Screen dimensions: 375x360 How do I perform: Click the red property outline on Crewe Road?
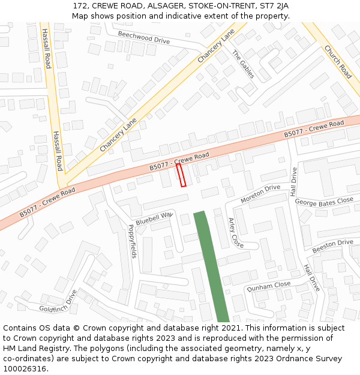click(x=181, y=175)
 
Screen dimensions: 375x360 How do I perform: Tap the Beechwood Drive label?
click(x=144, y=37)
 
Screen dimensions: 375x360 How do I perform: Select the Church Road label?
click(x=338, y=62)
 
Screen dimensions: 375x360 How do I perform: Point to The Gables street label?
click(x=243, y=64)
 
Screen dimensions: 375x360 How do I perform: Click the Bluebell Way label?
click(x=154, y=218)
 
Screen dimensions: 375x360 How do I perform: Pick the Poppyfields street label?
click(x=132, y=241)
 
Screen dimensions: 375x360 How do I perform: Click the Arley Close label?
click(x=236, y=233)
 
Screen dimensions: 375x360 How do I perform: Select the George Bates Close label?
click(x=324, y=201)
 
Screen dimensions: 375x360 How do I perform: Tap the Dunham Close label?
click(x=268, y=287)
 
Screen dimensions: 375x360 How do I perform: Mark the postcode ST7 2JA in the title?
click(x=274, y=6)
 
